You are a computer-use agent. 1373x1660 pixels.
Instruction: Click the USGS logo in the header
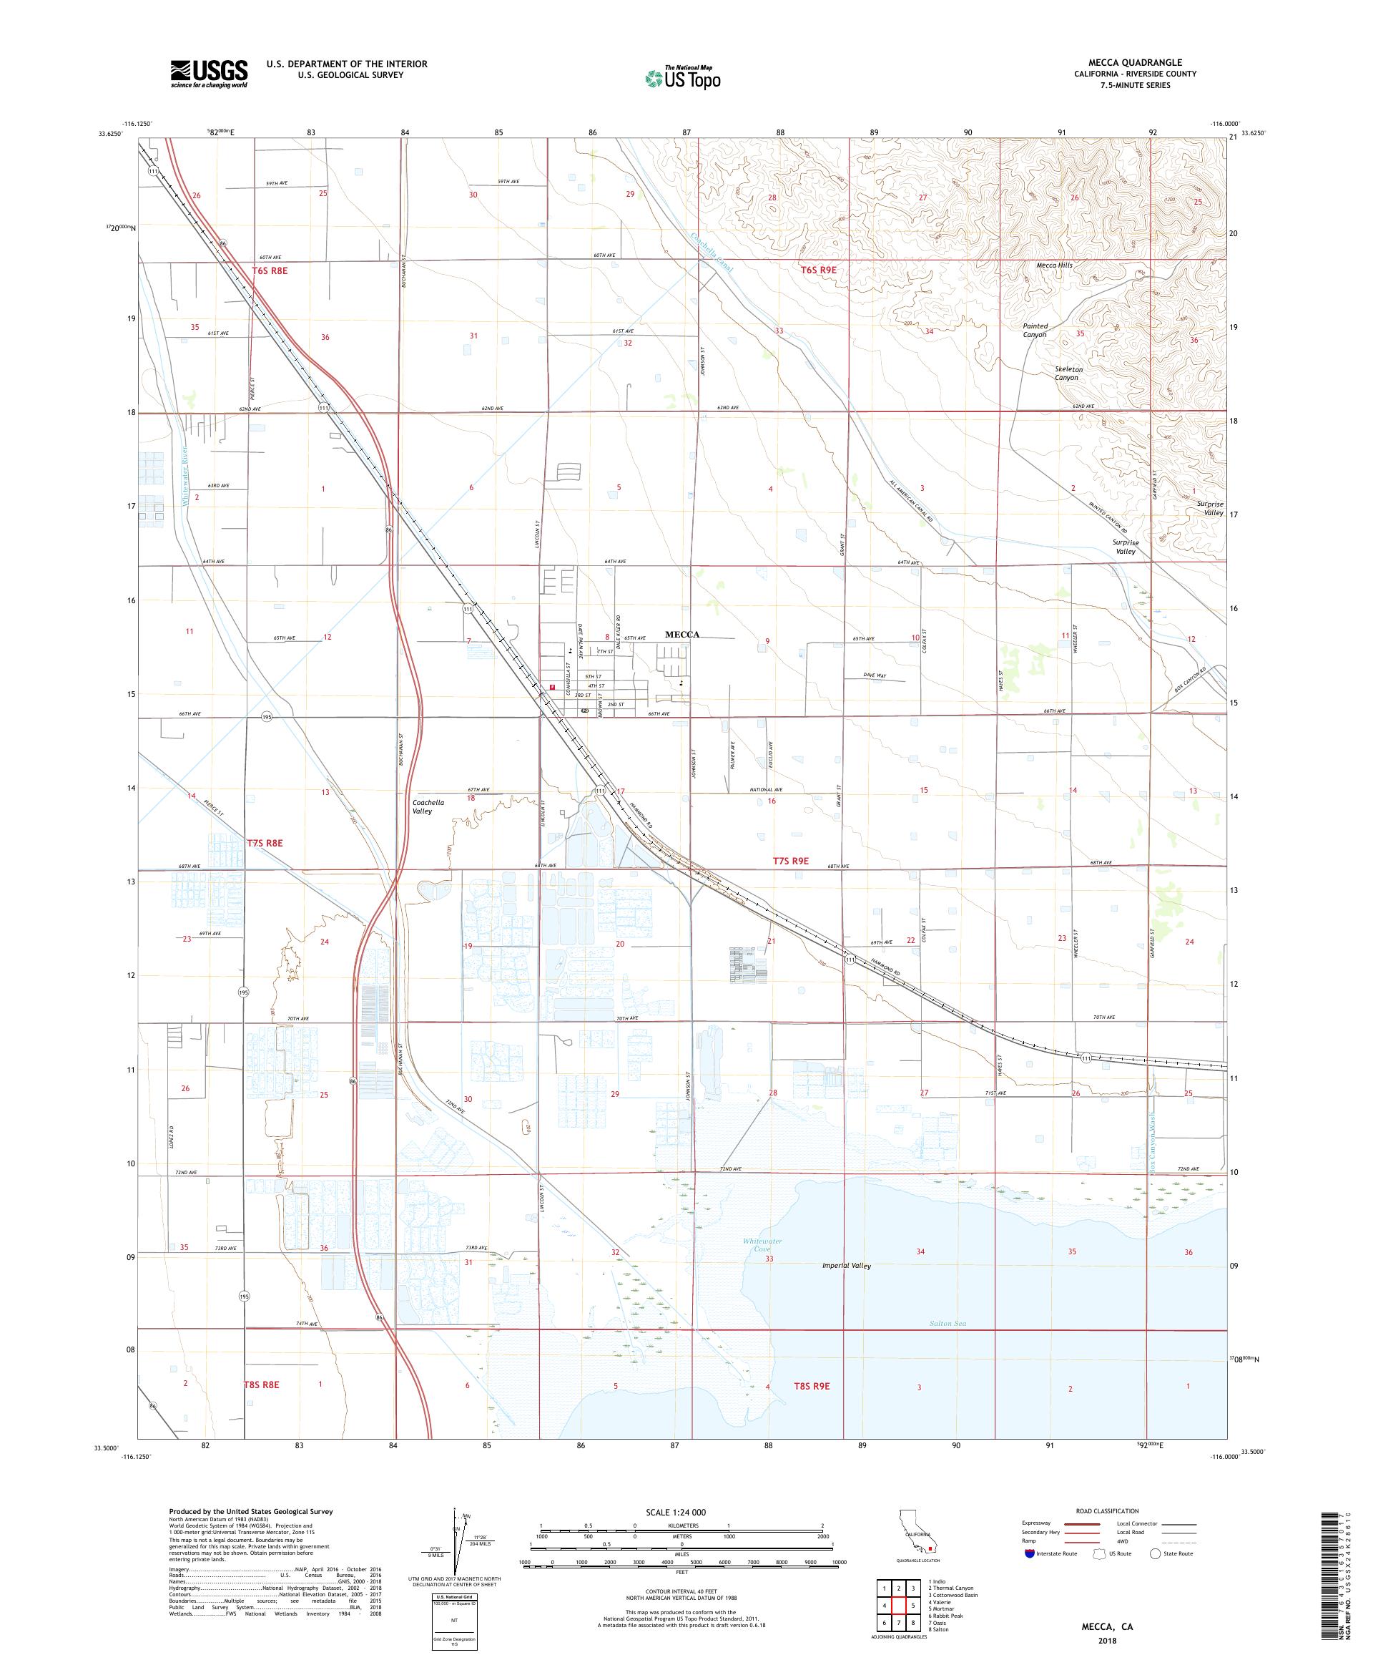click(210, 74)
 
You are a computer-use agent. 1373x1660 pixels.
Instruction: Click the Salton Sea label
click(948, 1323)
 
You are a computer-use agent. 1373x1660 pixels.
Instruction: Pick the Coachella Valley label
click(429, 806)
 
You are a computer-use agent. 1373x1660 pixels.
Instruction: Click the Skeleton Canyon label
click(1069, 373)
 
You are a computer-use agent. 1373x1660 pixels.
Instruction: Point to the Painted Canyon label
click(1035, 330)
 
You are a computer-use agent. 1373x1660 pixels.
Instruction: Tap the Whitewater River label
click(187, 475)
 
